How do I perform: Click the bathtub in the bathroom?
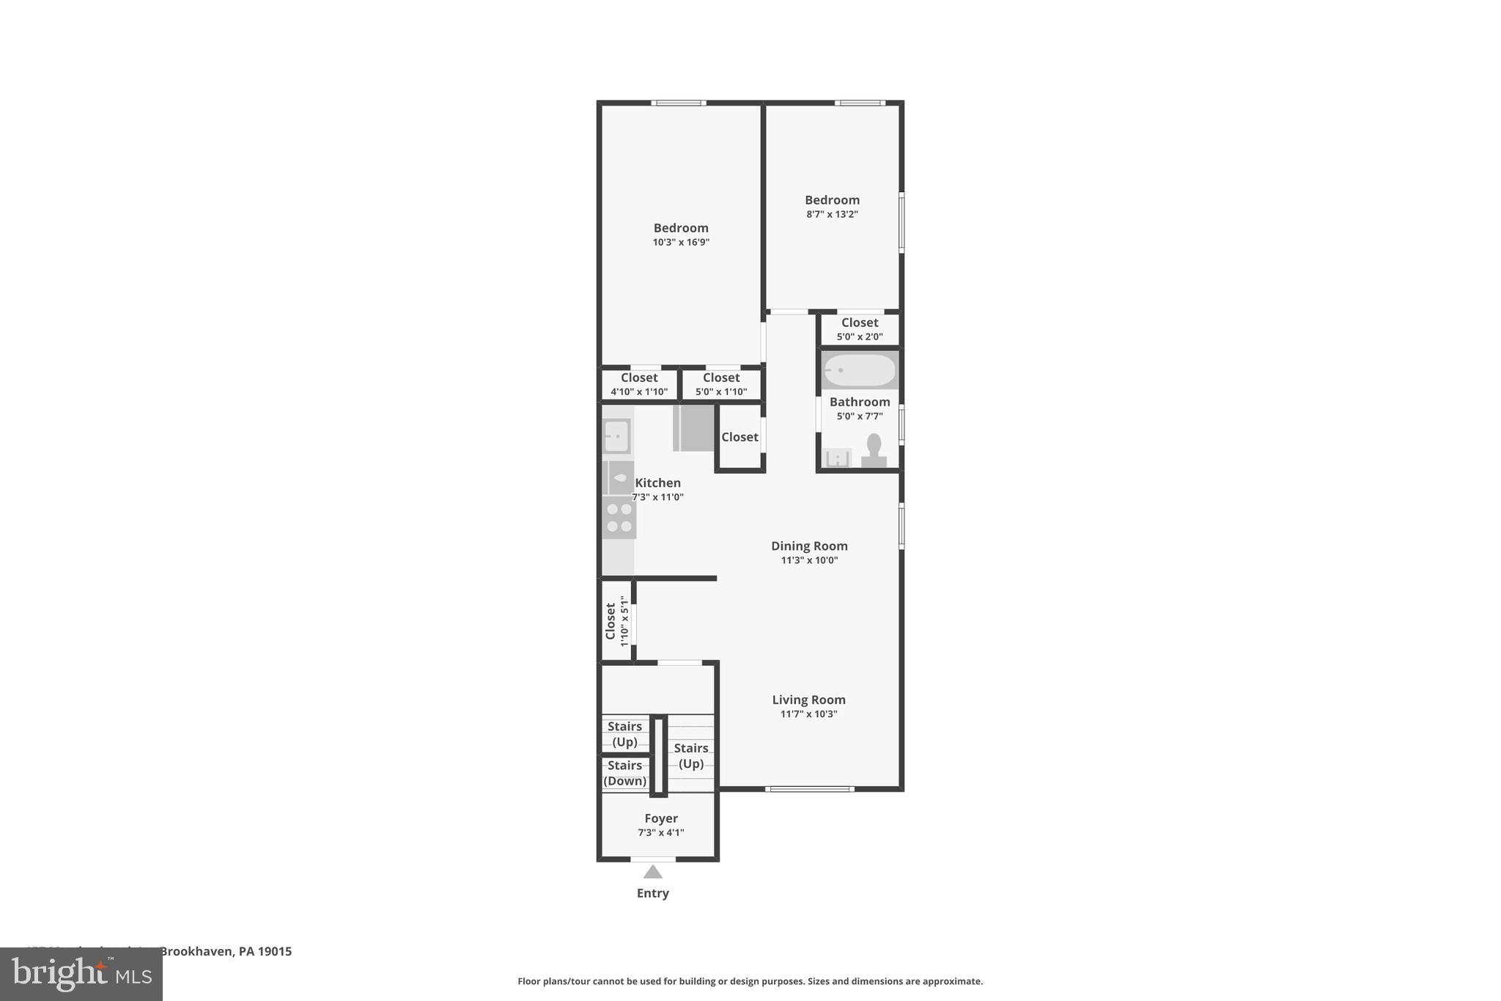(x=859, y=370)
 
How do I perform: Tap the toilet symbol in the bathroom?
(x=874, y=450)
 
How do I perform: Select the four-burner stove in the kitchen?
(x=619, y=518)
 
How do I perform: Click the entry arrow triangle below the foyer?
(x=652, y=872)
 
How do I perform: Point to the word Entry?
(x=652, y=893)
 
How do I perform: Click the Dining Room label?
(x=809, y=546)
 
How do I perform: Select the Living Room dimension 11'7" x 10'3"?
(x=808, y=714)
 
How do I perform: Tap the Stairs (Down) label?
(x=624, y=773)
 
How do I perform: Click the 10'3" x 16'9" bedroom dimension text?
(x=681, y=242)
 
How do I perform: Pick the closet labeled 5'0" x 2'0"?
(x=859, y=329)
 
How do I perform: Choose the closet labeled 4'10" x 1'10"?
(x=639, y=384)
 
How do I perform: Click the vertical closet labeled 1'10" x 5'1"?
(x=616, y=620)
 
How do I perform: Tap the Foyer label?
(x=660, y=818)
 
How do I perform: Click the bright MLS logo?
(x=81, y=974)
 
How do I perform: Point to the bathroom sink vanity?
(x=836, y=458)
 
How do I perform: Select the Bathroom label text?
(x=860, y=402)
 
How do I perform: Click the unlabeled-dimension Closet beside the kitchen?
(x=740, y=437)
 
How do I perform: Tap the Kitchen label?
(x=657, y=483)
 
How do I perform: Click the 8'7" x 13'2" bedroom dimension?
(x=832, y=214)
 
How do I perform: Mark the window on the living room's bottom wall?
(x=809, y=789)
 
